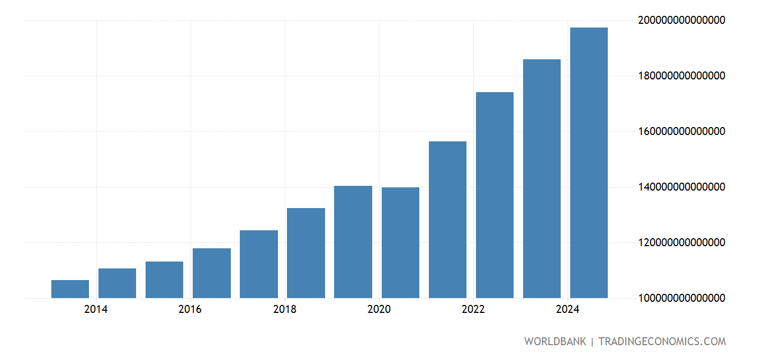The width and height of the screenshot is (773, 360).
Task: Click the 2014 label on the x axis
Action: pos(95,309)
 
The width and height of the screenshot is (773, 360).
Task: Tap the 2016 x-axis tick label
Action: pos(190,309)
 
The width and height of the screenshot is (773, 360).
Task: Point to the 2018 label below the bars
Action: pos(285,309)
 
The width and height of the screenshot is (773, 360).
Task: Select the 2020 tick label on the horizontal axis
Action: pos(379,309)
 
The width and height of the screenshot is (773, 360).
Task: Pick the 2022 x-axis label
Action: pos(473,309)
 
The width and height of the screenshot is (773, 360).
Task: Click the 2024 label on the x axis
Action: pos(568,309)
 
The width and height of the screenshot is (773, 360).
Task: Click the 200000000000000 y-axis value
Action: pos(682,20)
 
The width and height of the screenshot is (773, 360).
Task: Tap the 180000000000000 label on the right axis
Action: pos(682,76)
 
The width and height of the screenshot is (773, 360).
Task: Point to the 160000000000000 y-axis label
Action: pos(682,131)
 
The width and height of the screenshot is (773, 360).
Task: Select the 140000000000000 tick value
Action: pos(682,187)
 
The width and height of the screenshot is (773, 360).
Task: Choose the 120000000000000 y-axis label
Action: pos(682,242)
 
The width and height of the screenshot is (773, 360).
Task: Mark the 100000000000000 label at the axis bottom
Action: pos(682,298)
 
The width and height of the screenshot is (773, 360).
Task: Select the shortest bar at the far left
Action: pos(70,289)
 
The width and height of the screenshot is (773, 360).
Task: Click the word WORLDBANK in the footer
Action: pos(555,341)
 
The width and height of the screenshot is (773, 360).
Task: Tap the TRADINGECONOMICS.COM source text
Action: pos(662,341)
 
